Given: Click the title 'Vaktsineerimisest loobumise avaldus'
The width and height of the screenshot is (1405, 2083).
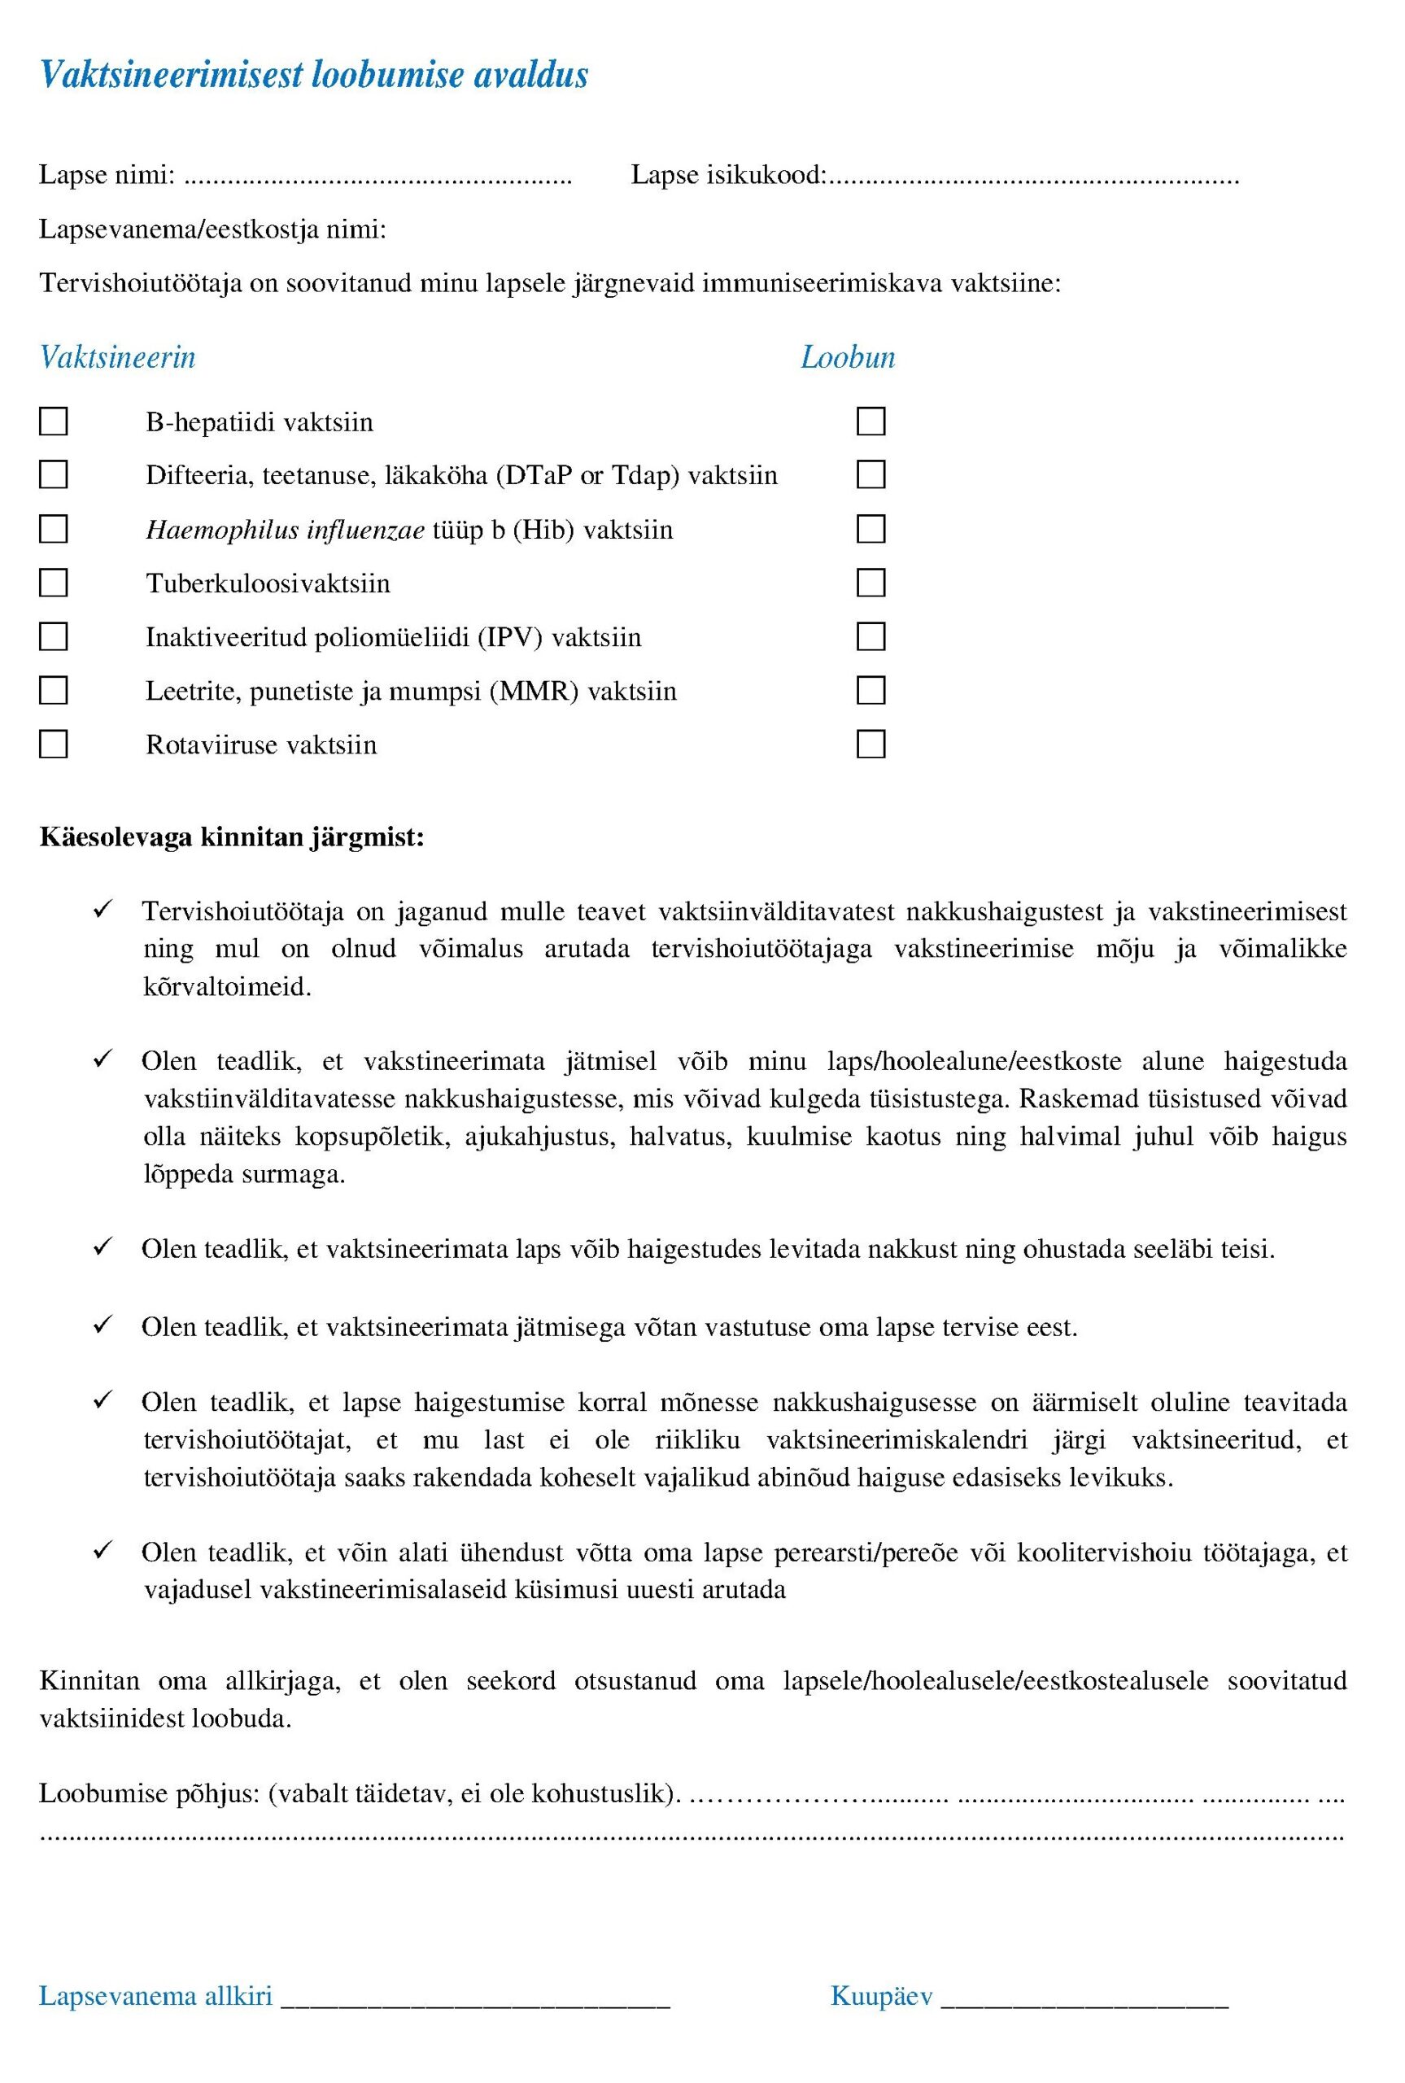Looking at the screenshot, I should coord(313,74).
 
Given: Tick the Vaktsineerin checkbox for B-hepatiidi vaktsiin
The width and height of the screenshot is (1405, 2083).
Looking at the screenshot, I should coord(54,421).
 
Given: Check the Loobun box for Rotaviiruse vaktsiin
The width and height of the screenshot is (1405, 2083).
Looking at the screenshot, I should coord(871,745).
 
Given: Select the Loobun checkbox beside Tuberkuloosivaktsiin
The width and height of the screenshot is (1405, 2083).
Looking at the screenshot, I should coord(871,583).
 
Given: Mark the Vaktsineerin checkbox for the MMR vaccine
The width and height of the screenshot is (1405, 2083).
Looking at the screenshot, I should coord(54,691).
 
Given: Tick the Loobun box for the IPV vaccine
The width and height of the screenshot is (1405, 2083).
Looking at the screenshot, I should coord(871,637).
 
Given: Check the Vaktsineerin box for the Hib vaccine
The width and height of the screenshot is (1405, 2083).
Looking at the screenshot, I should coord(54,530).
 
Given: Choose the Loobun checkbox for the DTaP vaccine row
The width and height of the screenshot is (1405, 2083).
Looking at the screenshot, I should coord(871,475).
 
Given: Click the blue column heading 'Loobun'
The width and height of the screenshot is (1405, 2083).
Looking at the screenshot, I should coord(848,357).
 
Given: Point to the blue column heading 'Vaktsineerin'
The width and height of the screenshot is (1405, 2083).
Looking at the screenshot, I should coord(117,357).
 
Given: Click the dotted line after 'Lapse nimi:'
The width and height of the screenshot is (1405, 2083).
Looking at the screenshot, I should coord(377,177).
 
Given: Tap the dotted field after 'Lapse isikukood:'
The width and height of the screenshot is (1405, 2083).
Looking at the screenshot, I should coord(1032,177).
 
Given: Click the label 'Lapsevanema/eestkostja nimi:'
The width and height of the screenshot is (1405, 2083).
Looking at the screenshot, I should coord(212,229).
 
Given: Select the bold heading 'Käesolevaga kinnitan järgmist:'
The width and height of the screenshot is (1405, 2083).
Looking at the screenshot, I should coord(232,838).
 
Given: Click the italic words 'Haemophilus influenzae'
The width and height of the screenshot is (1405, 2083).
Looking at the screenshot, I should coord(285,531).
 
